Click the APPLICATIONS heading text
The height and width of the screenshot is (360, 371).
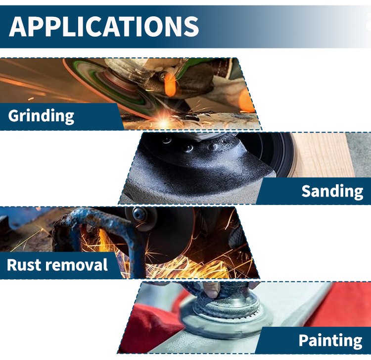click(x=104, y=27)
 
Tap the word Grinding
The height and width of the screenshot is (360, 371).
click(x=41, y=116)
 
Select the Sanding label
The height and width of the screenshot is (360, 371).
click(x=332, y=191)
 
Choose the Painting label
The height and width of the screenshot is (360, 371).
click(x=330, y=341)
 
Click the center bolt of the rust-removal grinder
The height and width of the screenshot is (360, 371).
click(x=138, y=213)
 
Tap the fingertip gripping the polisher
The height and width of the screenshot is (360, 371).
click(x=211, y=290)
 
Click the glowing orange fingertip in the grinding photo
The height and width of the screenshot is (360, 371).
click(x=170, y=84)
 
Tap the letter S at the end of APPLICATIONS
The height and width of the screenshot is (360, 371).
click(x=191, y=27)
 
